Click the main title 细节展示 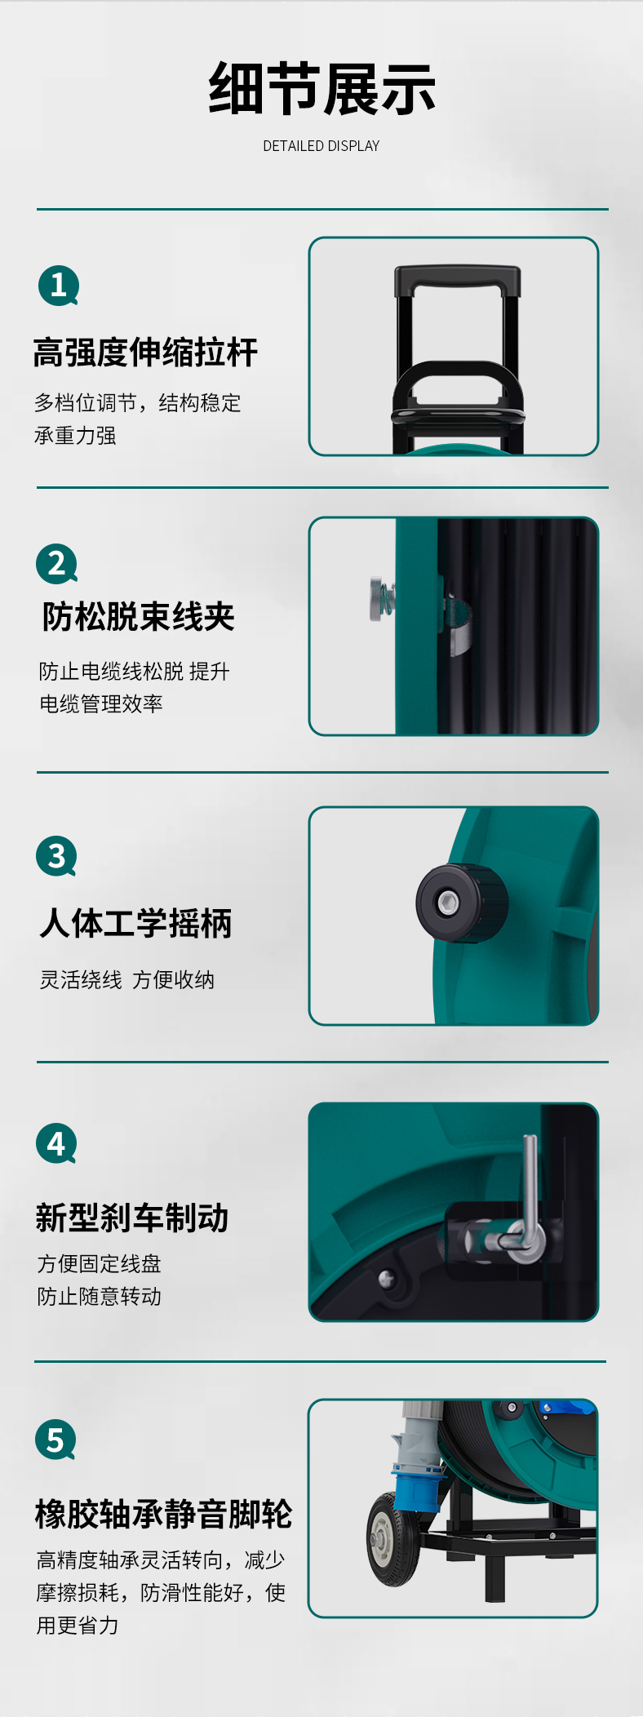point(321,88)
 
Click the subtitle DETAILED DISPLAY point(321,146)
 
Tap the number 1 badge point(58,286)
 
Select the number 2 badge point(56,564)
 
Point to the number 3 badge point(56,856)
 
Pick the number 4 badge point(56,1144)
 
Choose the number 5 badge point(55,1440)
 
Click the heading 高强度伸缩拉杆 point(145,353)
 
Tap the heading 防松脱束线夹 point(138,617)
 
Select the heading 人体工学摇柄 point(135,924)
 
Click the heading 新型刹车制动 point(132,1218)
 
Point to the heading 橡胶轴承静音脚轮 point(163,1514)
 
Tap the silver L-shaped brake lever point(529,1200)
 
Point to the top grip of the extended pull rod point(458,281)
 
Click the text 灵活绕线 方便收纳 point(127,979)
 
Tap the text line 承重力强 point(75,436)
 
